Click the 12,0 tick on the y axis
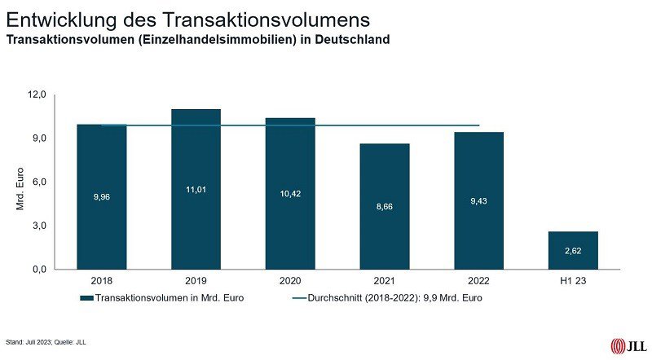pos(37,94)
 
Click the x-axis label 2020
pos(290,281)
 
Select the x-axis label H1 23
pos(574,281)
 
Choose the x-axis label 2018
pos(101,281)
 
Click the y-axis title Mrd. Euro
pos(21,189)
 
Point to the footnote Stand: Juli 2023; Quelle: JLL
pos(46,342)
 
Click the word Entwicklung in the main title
pos(57,18)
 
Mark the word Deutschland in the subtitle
pos(352,38)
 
